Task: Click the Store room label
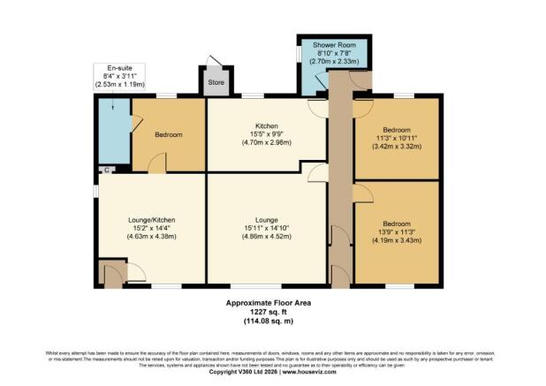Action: (216, 85)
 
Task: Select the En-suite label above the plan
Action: (119, 68)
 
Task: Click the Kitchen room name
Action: (267, 125)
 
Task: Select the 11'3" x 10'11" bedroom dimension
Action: (396, 138)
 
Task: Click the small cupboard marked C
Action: (106, 169)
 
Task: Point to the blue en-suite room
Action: (113, 134)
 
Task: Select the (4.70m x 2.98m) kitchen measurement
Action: (267, 143)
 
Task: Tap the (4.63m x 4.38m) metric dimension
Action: (140, 237)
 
